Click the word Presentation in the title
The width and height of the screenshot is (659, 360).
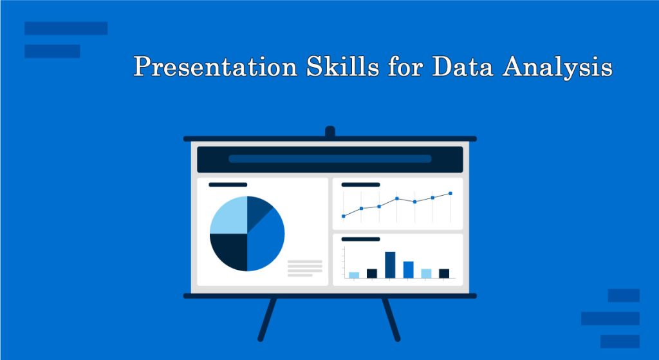pyautogui.click(x=216, y=66)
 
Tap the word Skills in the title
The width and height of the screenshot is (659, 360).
pyautogui.click(x=342, y=66)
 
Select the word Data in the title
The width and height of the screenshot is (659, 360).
pyautogui.click(x=462, y=66)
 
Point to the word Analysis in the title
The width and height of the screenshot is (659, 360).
pyautogui.click(x=557, y=66)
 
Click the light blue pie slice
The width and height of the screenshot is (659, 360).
pyautogui.click(x=228, y=215)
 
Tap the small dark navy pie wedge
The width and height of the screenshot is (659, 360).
pyautogui.click(x=257, y=210)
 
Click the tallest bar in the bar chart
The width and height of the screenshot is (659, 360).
pyautogui.click(x=390, y=265)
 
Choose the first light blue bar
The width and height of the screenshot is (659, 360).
pyautogui.click(x=354, y=275)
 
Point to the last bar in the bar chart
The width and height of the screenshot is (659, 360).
pyautogui.click(x=444, y=273)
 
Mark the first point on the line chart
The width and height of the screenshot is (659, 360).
pyautogui.click(x=344, y=216)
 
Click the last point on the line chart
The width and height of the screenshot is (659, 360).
pyautogui.click(x=450, y=193)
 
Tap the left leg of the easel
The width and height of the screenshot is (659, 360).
pyautogui.click(x=267, y=319)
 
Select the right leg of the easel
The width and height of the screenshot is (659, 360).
pyautogui.click(x=391, y=319)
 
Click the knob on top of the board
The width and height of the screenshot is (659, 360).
pyautogui.click(x=330, y=131)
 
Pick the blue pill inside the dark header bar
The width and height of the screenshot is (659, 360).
pyautogui.click(x=330, y=159)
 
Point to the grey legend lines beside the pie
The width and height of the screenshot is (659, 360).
pyautogui.click(x=304, y=269)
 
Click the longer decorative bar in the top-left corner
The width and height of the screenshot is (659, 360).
pyautogui.click(x=66, y=28)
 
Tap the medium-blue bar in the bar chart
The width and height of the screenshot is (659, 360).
pyautogui.click(x=409, y=270)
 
